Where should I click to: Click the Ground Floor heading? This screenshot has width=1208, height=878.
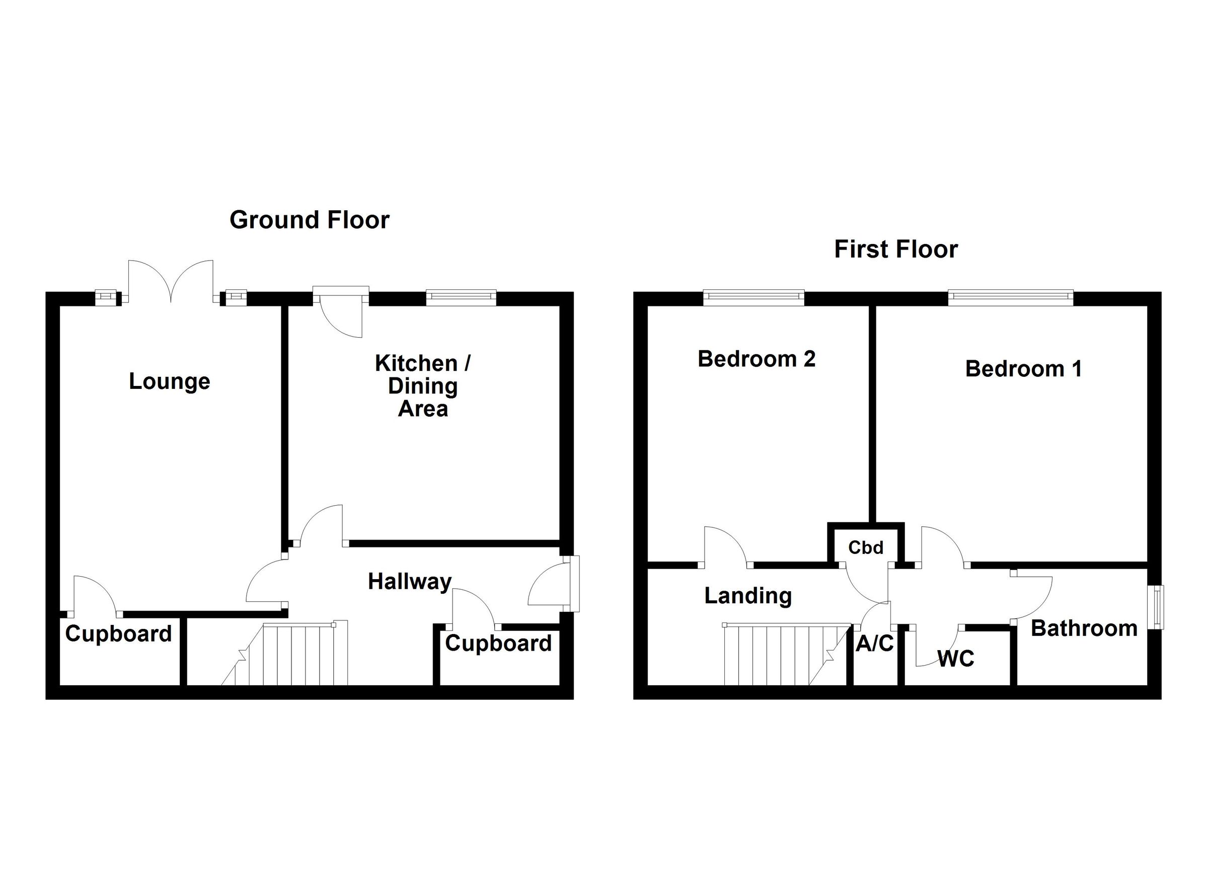coord(309,220)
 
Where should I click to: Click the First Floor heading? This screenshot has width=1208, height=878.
coord(896,249)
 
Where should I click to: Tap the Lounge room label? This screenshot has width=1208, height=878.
coord(170,381)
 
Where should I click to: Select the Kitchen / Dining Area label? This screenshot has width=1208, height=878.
coord(423,386)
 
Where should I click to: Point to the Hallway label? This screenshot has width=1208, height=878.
coord(410,582)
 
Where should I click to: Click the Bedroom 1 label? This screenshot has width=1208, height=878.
coord(1023,369)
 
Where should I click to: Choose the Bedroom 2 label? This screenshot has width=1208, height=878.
coord(757,359)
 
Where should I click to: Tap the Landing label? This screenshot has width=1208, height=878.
coord(748,595)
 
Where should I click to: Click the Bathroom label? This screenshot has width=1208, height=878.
coord(1084,628)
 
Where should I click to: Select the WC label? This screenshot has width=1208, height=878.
coord(955,659)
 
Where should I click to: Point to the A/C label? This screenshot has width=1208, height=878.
coord(875,644)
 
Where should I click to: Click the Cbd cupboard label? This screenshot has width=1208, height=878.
coord(866,547)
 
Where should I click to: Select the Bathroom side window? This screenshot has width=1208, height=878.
coord(1159,607)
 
